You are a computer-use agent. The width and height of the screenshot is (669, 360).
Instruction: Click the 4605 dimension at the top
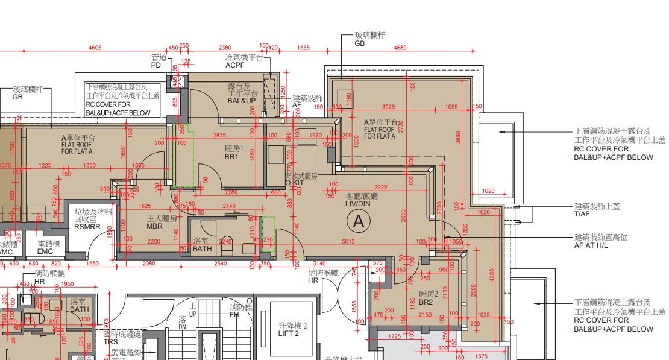[x=95, y=48]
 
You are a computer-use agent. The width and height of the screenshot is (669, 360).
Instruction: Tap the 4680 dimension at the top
[x=400, y=48]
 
